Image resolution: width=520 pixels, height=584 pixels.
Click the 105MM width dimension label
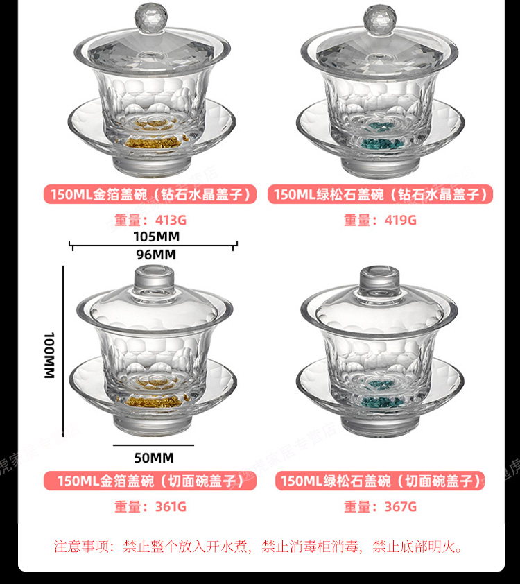tap(156, 237)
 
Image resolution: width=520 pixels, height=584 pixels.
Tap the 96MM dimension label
tap(156, 255)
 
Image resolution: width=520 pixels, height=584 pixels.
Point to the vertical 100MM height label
tap(49, 355)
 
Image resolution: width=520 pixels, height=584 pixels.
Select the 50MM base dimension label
tap(154, 458)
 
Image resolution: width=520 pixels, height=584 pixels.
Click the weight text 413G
tap(171, 220)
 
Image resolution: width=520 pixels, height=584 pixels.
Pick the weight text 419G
tap(400, 220)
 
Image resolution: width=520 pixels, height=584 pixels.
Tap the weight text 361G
tap(171, 507)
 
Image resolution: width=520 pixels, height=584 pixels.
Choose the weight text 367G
tap(400, 507)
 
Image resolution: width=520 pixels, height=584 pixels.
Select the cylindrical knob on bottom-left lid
tap(154, 280)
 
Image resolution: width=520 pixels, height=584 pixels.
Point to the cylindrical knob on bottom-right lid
tap(379, 280)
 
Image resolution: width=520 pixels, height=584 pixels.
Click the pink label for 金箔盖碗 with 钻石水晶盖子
tap(150, 194)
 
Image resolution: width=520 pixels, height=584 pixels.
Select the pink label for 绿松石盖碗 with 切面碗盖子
tap(380, 481)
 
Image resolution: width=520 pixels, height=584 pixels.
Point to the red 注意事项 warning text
tap(259, 547)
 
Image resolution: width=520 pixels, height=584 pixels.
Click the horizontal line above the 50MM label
tap(153, 445)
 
